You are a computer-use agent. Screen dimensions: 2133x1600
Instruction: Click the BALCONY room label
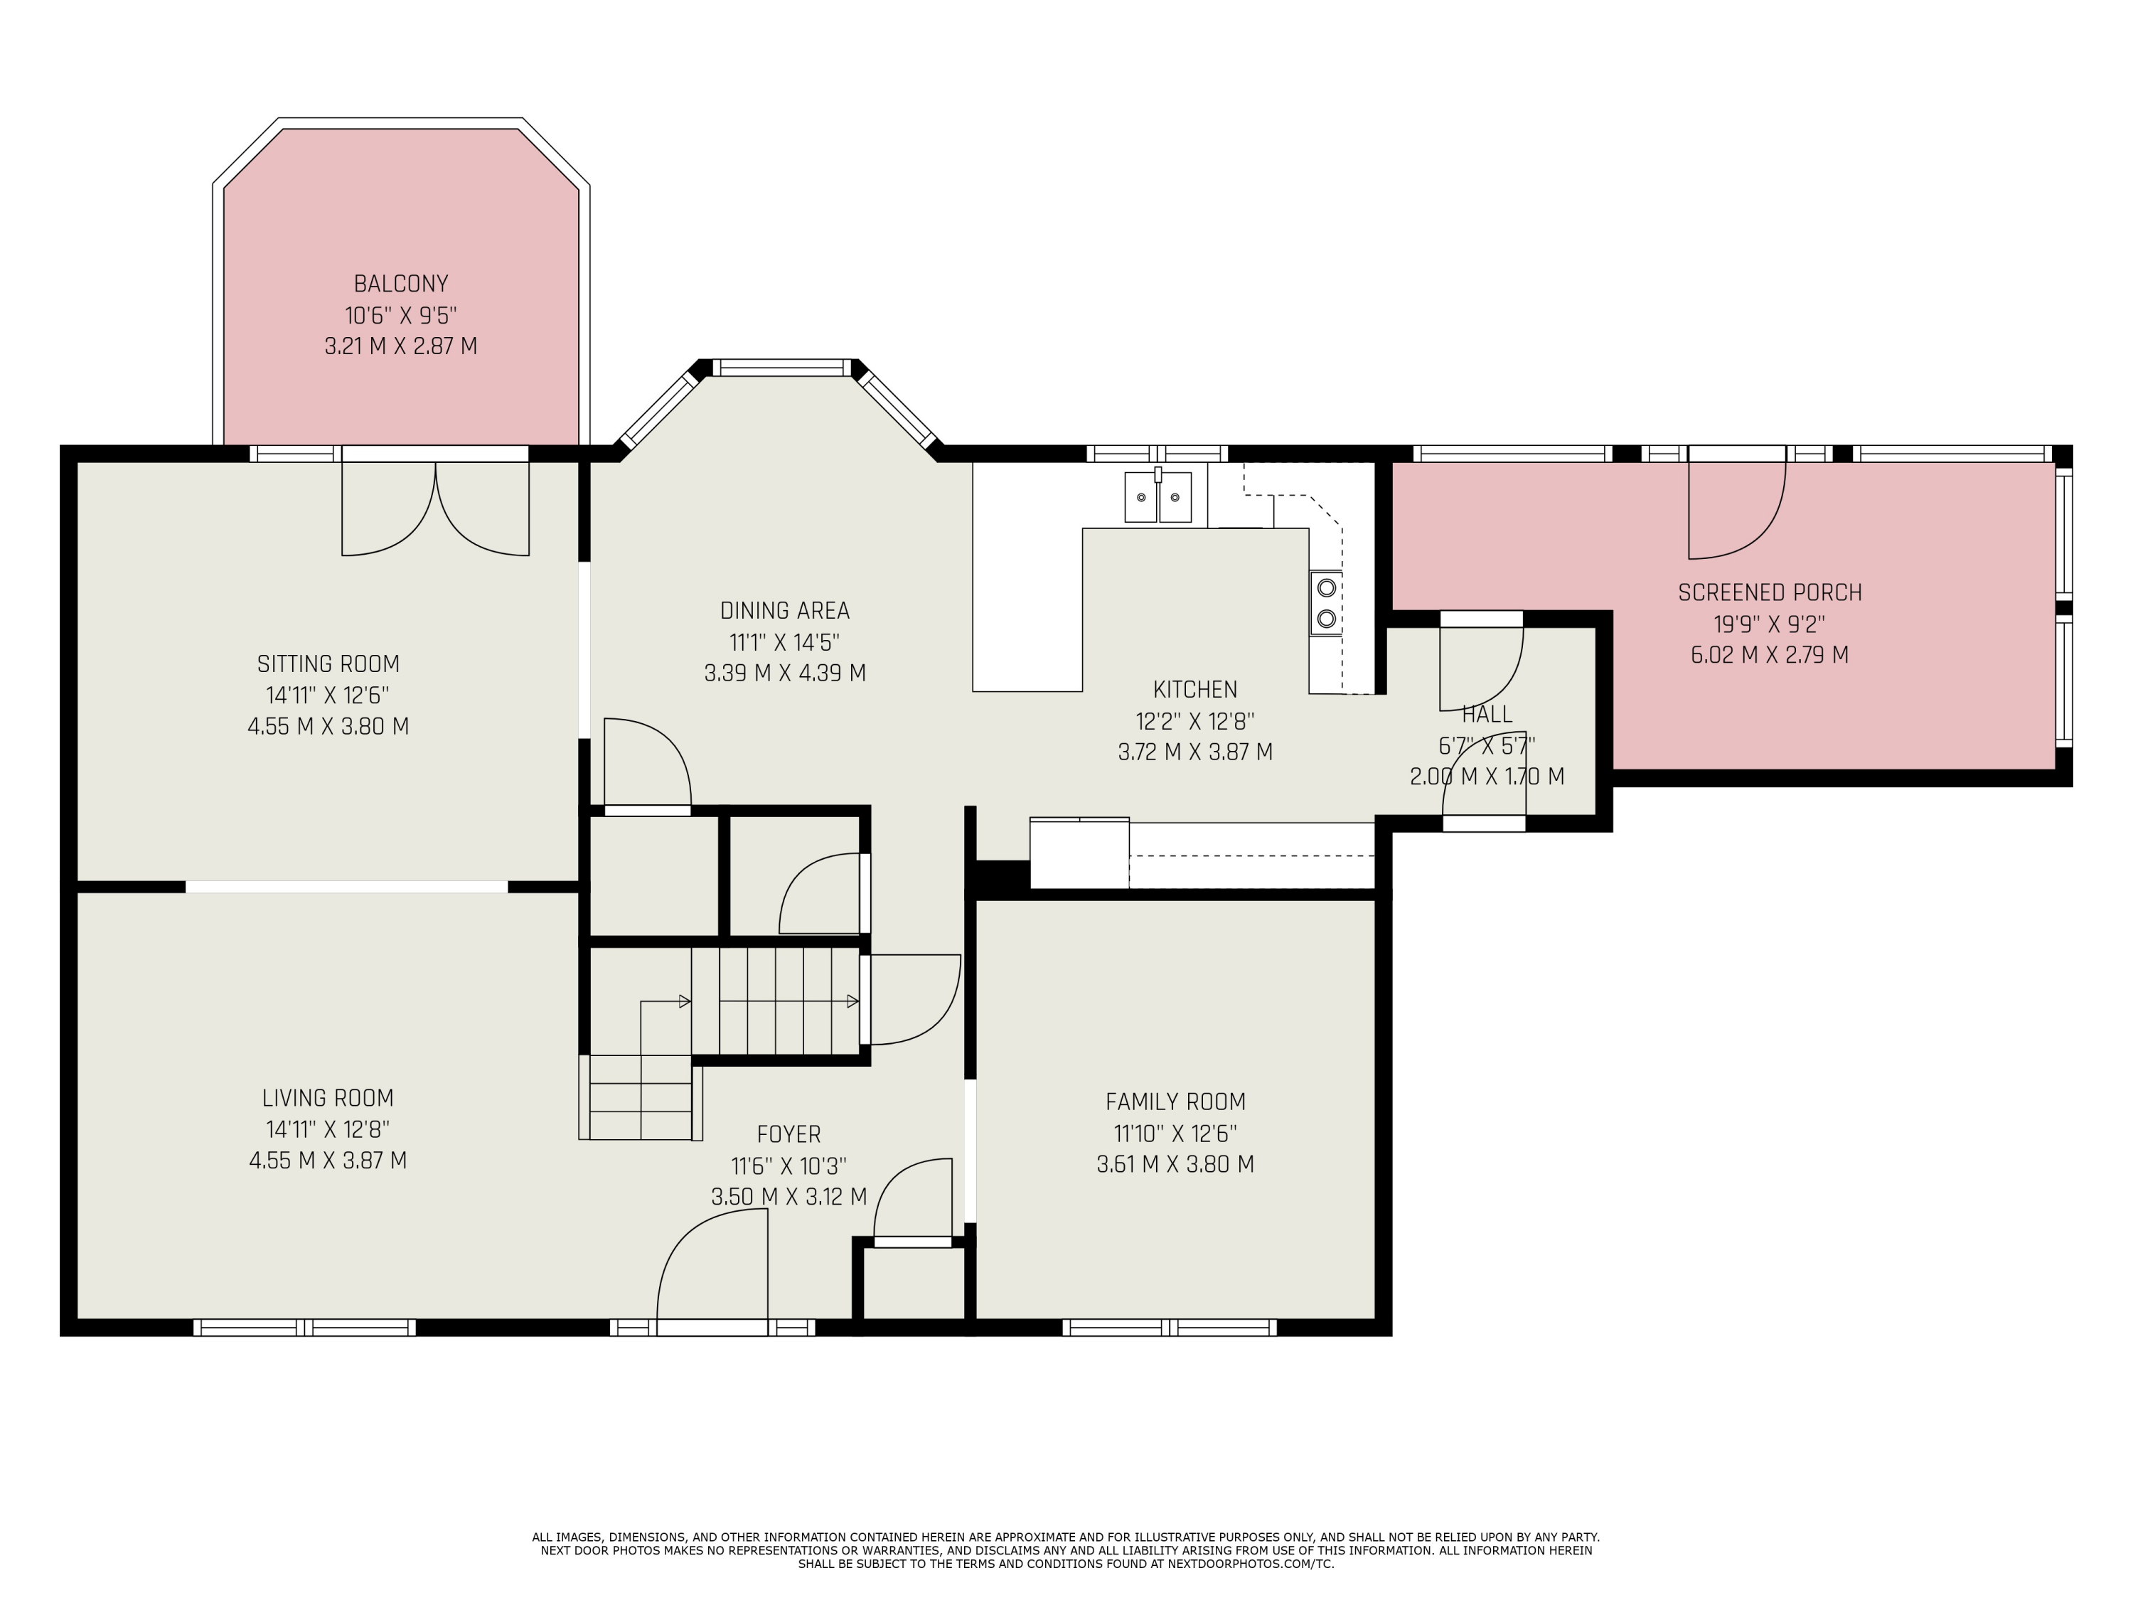(x=401, y=284)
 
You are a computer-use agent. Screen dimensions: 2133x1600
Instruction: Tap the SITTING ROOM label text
(x=328, y=663)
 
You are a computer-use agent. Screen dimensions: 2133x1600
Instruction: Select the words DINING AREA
(x=785, y=610)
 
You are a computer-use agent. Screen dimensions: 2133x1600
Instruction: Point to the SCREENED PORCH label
(x=1770, y=592)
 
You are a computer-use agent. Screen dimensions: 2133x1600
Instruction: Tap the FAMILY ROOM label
(x=1175, y=1102)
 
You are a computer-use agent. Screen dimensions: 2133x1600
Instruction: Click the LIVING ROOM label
(x=328, y=1097)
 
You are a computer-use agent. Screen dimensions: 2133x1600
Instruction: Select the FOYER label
(x=788, y=1134)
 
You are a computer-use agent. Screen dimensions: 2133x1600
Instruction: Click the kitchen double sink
(x=1158, y=496)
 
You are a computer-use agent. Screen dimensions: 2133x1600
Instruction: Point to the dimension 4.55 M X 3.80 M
(x=328, y=726)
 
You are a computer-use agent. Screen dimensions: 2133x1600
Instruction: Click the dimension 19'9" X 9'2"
(x=1770, y=624)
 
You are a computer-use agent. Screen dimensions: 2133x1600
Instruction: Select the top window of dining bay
(x=782, y=368)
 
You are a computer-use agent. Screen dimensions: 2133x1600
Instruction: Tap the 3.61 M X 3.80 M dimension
(x=1175, y=1164)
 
